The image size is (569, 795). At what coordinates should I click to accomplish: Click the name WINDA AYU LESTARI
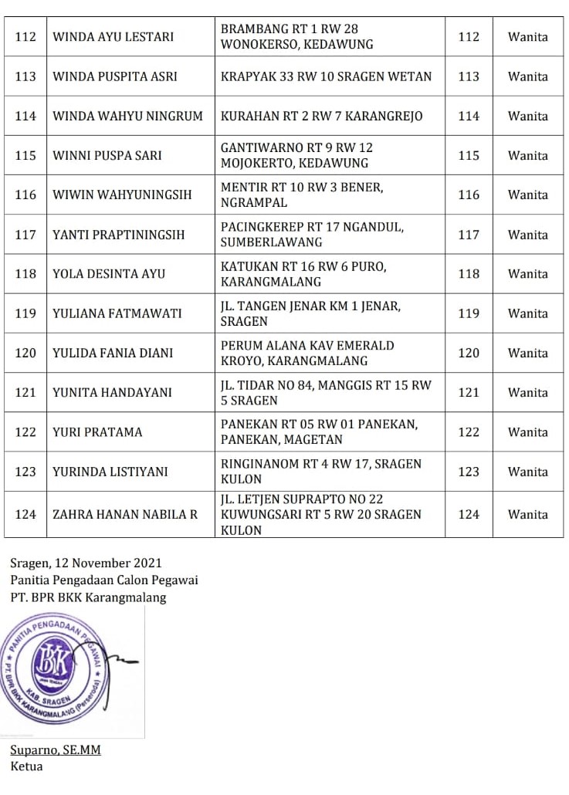113,37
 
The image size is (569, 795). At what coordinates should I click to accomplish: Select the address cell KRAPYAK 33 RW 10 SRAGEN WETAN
326,76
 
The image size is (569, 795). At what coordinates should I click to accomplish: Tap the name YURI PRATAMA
97,432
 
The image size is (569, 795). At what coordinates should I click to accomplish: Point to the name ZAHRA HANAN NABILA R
125,514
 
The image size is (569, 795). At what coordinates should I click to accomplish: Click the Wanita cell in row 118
527,274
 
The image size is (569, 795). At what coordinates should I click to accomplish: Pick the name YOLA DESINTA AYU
109,274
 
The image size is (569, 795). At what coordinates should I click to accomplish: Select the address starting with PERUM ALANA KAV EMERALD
307,353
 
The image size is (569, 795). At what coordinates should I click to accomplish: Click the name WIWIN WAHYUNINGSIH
122,195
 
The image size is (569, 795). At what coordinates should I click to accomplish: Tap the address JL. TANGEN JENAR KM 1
310,313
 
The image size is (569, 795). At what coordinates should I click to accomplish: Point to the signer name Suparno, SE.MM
56,750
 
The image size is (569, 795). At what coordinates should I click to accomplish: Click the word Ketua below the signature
26,766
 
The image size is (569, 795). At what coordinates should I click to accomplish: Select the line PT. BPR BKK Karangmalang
88,597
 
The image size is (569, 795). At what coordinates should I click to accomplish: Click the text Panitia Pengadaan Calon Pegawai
104,580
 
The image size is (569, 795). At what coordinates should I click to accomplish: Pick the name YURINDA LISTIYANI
110,472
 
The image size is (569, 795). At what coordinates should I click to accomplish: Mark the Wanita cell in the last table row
527,514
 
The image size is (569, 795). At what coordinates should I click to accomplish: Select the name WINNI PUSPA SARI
107,155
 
